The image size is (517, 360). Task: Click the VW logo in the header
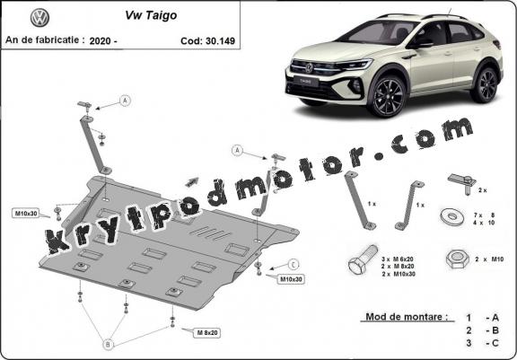39,18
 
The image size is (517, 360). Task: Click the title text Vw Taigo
151,15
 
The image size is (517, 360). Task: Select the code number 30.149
220,41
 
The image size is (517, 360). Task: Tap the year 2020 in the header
101,41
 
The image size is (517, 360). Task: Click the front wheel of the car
386,96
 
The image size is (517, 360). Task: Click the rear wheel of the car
485,84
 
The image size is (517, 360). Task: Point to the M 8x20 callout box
207,333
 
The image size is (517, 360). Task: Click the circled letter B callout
108,345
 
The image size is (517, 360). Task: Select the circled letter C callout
294,264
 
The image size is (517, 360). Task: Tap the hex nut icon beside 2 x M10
458,259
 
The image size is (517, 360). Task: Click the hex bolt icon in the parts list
362,259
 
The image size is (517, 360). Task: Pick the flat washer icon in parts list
452,216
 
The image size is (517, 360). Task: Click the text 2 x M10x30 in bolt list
399,274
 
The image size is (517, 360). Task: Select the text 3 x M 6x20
398,259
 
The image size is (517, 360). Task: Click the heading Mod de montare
407,317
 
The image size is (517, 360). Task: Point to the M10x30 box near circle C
291,279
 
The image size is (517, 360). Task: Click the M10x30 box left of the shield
26,214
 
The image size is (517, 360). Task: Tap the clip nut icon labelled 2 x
462,184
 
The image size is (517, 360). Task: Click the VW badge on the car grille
309,68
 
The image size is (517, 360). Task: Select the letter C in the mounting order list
495,343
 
